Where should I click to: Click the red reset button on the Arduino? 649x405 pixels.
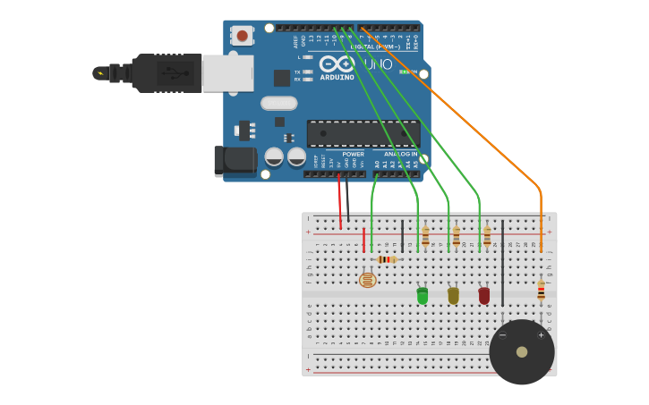242,36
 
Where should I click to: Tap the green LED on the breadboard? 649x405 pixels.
423,296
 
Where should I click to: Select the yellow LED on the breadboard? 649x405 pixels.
453,295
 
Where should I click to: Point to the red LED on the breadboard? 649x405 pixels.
484,295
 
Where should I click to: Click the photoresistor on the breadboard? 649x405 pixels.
367,280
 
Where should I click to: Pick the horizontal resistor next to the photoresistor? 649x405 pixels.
386,259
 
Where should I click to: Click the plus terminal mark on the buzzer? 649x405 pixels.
541,335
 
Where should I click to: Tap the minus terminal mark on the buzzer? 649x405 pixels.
502,335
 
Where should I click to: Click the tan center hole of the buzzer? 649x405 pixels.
522,352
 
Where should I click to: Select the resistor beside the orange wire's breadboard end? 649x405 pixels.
541,290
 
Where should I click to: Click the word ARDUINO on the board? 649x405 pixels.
337,77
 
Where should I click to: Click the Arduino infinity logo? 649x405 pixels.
337,64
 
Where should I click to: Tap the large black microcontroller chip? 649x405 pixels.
363,133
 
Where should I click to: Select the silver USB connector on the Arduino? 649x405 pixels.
227,73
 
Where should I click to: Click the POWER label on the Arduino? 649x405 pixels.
353,154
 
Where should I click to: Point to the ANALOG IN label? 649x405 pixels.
400,154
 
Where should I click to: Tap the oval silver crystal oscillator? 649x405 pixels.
279,103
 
